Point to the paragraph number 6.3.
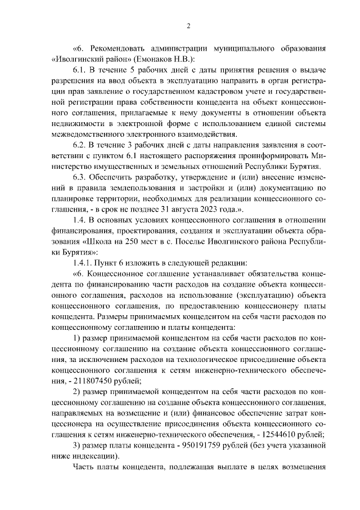(81, 176)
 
